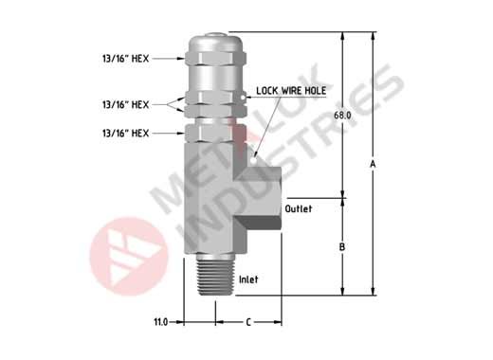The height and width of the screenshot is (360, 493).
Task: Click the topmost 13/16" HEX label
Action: pos(125,59)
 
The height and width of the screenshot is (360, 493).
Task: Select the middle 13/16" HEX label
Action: pos(125,104)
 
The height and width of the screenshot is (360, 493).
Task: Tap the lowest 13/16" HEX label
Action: pos(125,133)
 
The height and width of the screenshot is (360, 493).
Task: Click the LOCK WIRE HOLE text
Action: pos(291,91)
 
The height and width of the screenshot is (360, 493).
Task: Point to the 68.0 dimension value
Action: pos(342,116)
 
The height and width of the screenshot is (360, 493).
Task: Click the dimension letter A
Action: pos(373,164)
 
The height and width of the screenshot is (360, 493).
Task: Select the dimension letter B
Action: pos(342,247)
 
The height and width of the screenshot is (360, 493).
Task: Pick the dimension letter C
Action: pos(248,322)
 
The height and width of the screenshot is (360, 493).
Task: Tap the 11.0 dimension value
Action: pos(161,322)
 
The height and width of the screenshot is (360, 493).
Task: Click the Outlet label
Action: pos(299,208)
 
